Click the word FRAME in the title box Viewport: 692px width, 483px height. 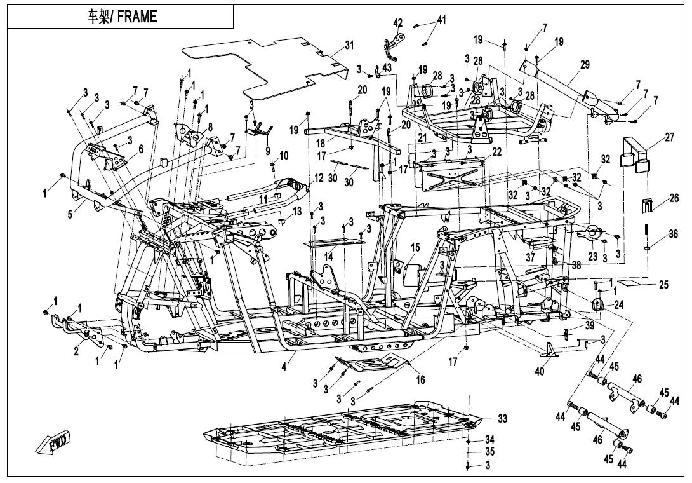pyautogui.click(x=137, y=17)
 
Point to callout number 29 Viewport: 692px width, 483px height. pyautogui.click(x=585, y=65)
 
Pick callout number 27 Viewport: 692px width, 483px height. pyautogui.click(x=670, y=137)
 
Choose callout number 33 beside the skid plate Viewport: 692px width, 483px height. pyautogui.click(x=502, y=418)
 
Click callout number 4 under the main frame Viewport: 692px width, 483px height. pyautogui.click(x=284, y=367)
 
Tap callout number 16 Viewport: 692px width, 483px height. pyautogui.click(x=420, y=379)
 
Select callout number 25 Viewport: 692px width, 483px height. pyautogui.click(x=664, y=285)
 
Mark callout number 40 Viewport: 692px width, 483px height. pyautogui.click(x=539, y=372)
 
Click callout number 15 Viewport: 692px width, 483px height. pyautogui.click(x=415, y=247)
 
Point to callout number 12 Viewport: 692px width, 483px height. pyautogui.click(x=319, y=179)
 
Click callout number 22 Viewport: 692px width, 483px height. pyautogui.click(x=496, y=151)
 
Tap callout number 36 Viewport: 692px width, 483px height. pyautogui.click(x=672, y=234)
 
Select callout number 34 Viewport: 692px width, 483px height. pyautogui.click(x=489, y=439)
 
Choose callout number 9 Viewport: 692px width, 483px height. pyautogui.click(x=267, y=151)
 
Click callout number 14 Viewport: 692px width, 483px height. pyautogui.click(x=328, y=257)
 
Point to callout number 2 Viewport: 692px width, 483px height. pyautogui.click(x=76, y=351)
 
